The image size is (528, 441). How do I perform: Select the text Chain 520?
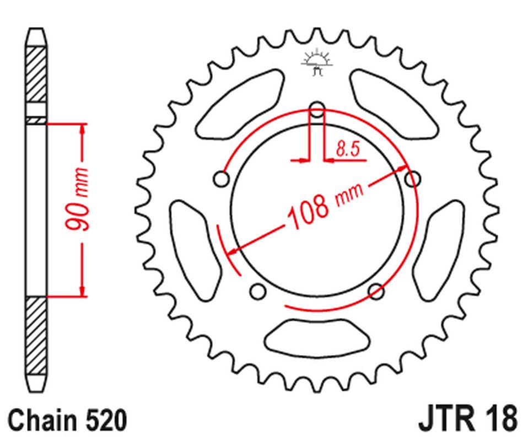pos(68,421)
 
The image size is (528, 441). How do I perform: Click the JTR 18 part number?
pos(468,420)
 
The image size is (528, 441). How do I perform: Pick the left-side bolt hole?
pos(222,180)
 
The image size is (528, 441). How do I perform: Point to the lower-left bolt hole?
pos(257,291)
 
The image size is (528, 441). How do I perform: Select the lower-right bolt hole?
pos(376,291)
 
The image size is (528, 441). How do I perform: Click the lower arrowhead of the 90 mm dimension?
pos(83,291)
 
